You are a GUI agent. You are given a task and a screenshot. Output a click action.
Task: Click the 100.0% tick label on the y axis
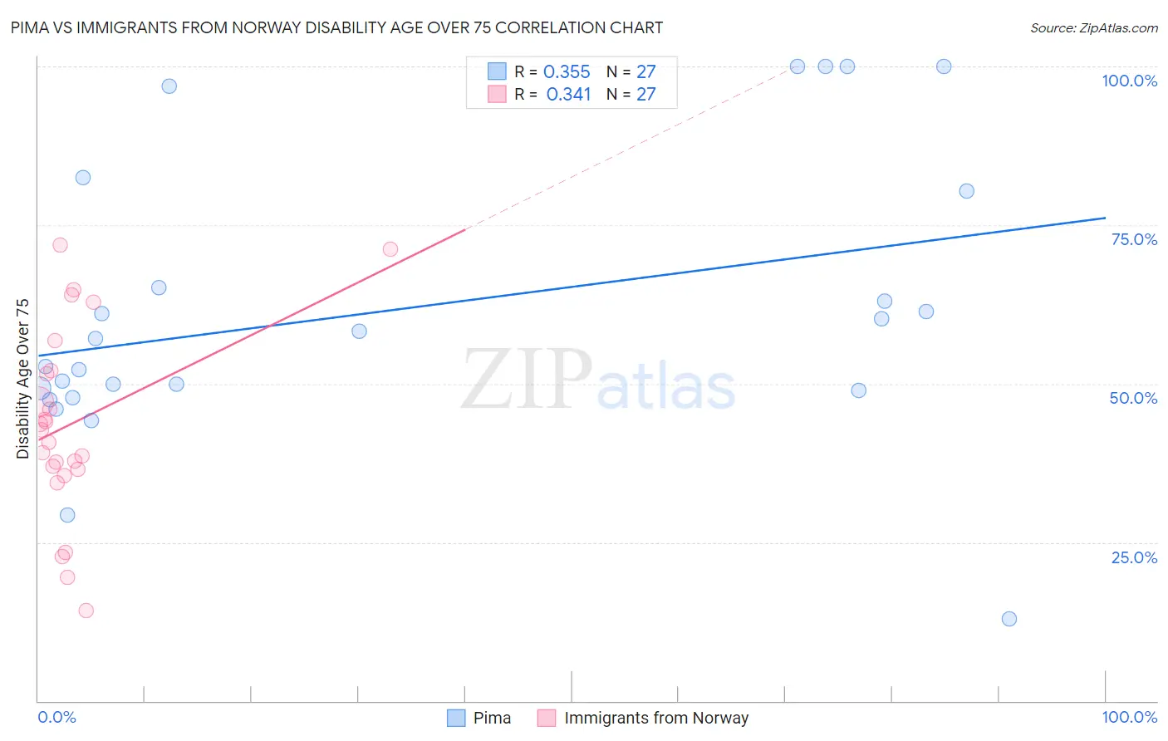coord(1129,81)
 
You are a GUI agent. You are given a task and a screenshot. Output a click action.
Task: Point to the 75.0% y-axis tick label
coord(1134,239)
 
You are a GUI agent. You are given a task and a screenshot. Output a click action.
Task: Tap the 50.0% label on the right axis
coord(1133,398)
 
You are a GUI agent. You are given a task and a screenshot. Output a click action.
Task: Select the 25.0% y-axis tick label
coord(1134,557)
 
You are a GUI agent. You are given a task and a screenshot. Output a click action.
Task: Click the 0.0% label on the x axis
coord(56,717)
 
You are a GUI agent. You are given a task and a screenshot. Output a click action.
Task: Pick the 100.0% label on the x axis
coord(1129,717)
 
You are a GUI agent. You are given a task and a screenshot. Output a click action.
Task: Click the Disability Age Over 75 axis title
coord(22,378)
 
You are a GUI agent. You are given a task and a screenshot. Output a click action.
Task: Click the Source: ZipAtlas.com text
coord(1093,28)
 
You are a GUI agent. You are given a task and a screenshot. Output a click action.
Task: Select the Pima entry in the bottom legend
coord(492,718)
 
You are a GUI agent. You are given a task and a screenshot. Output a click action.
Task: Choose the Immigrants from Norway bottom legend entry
coord(655,718)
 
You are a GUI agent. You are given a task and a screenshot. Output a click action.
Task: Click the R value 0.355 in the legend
coord(567,72)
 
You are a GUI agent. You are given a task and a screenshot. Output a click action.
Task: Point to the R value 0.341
coord(568,95)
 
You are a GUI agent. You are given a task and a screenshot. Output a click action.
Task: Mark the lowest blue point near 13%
coord(1009,619)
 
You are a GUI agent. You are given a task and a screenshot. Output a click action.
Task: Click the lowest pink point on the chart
coord(86,611)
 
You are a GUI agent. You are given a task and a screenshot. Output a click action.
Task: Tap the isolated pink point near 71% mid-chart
coord(390,249)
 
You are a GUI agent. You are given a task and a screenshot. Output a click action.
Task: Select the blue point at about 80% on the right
coord(966,191)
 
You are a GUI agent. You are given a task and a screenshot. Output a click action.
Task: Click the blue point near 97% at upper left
coord(169,86)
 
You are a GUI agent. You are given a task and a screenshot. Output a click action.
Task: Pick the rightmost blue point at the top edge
coord(944,66)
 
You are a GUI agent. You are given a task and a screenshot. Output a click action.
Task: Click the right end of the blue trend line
coord(1105,218)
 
